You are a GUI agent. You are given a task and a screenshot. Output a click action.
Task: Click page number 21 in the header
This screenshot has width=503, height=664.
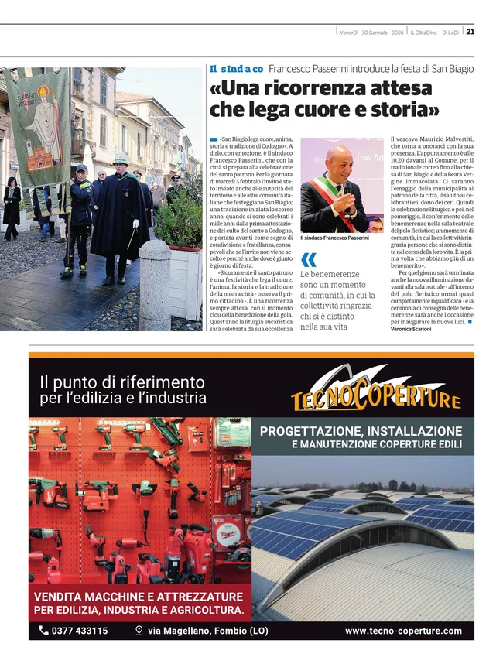coord(470,32)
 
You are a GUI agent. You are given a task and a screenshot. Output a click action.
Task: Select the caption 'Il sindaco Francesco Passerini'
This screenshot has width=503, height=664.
coord(334,238)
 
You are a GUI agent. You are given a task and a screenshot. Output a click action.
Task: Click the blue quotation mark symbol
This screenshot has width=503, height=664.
coord(308,259)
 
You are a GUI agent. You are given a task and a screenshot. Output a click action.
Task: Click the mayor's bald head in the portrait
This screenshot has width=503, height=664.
coord(339,158)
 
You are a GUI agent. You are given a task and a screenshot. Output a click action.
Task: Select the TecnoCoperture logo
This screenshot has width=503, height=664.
coord(376,389)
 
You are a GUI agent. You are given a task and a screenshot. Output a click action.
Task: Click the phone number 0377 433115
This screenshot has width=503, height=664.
coord(80,631)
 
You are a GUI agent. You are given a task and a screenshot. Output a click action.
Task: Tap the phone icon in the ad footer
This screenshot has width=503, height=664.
coord(43,631)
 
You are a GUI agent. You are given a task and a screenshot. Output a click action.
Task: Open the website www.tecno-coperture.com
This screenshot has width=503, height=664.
coord(403,631)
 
